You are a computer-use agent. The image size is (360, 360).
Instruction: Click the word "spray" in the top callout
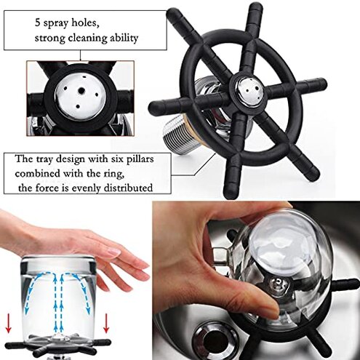pyautogui.click(x=56, y=24)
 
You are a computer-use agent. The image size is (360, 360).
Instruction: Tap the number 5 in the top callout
pyautogui.click(x=37, y=23)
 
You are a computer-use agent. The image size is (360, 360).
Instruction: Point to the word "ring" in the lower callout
pyautogui.click(x=116, y=175)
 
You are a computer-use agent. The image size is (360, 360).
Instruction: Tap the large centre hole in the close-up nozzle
pyautogui.click(x=81, y=91)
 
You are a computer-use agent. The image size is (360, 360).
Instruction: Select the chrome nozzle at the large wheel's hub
pyautogui.click(x=248, y=90)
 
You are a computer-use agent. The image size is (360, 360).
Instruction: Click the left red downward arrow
pyautogui.click(x=9, y=323)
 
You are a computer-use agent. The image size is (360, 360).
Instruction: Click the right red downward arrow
pyautogui.click(x=106, y=323)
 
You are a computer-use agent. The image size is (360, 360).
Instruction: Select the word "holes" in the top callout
pyautogui.click(x=85, y=23)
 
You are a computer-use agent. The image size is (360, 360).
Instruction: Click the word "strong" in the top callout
pyautogui.click(x=50, y=39)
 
